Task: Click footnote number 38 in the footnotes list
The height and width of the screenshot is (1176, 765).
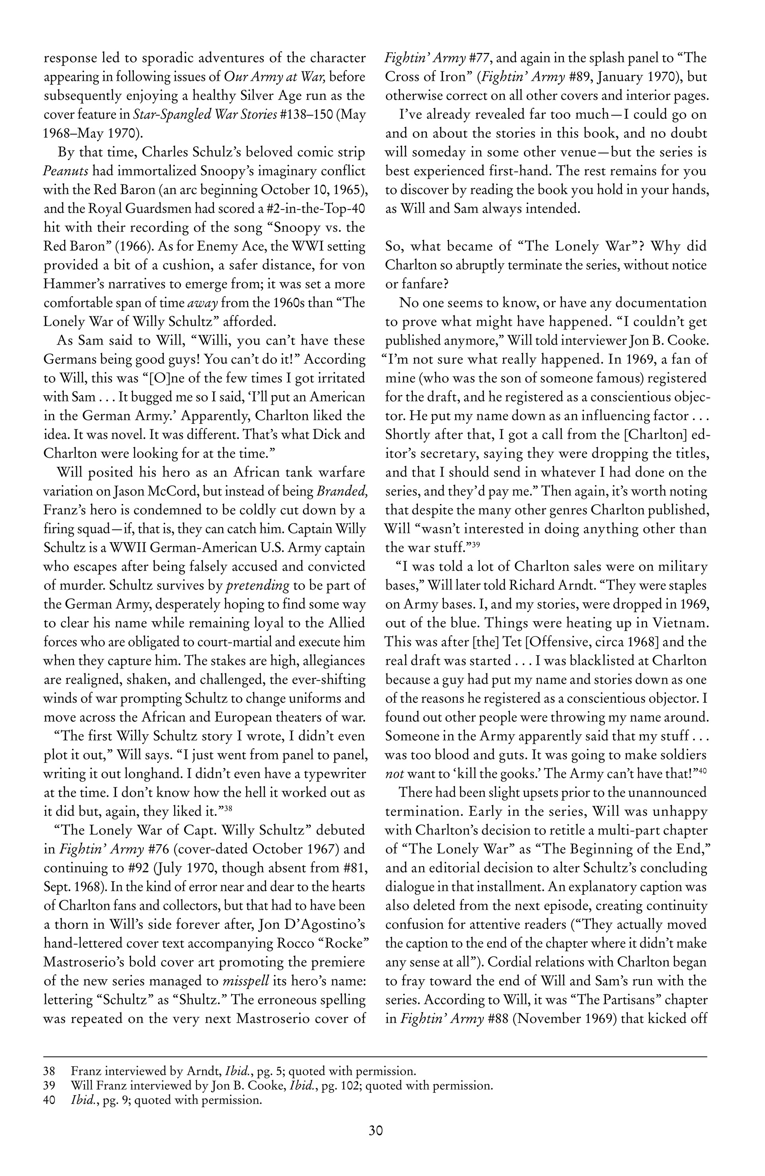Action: [49, 1072]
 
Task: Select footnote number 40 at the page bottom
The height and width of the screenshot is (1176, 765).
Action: [49, 1100]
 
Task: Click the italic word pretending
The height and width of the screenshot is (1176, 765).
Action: [257, 586]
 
